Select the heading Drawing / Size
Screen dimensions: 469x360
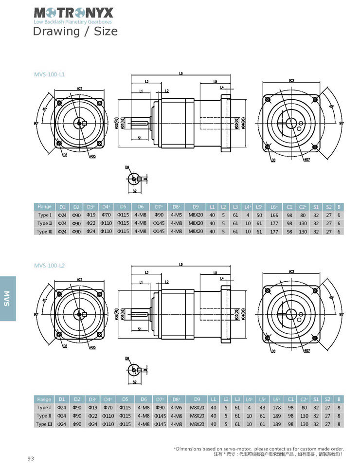(x=75, y=32)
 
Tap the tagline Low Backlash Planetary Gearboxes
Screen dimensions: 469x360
(x=73, y=22)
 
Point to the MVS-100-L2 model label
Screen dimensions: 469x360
(x=50, y=266)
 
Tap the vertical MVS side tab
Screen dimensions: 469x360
(x=7, y=298)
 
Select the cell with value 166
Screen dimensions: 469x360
(x=275, y=215)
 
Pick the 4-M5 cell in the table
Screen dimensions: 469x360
(x=177, y=215)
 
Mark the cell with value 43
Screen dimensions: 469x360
(x=263, y=408)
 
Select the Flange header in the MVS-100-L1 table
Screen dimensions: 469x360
(x=45, y=207)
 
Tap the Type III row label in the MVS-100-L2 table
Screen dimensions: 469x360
(x=44, y=424)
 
